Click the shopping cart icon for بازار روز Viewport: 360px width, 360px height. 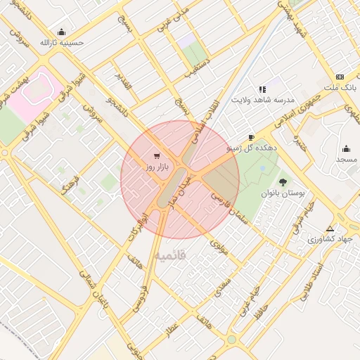click(x=155, y=156)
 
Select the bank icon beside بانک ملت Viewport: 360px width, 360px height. click(x=340, y=77)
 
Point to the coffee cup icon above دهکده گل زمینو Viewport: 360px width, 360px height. click(x=251, y=137)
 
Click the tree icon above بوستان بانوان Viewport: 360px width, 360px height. click(x=284, y=181)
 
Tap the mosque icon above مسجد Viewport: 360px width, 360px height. click(x=346, y=148)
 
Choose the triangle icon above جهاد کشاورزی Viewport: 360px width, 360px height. click(x=330, y=229)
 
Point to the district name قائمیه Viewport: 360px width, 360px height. click(x=172, y=255)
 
